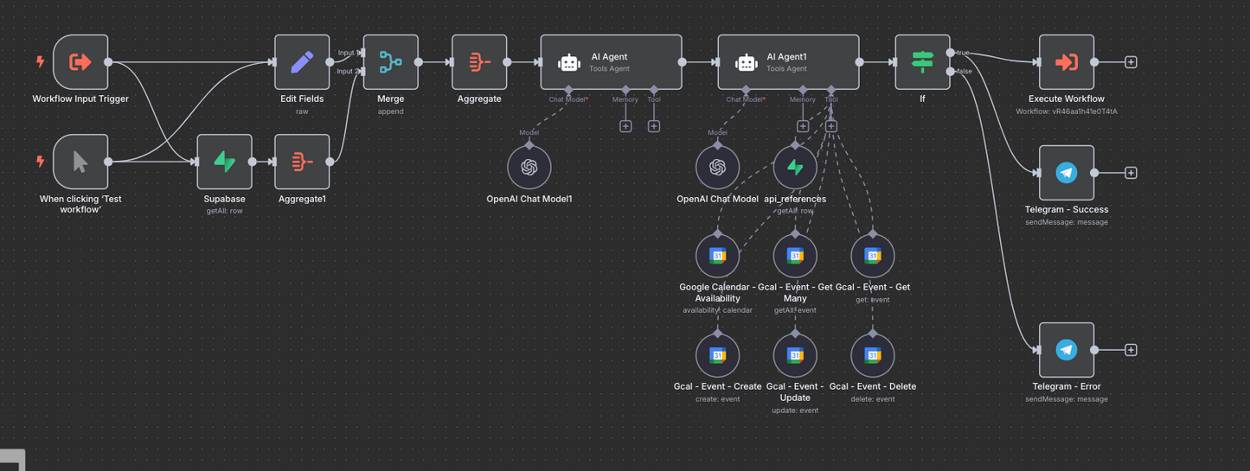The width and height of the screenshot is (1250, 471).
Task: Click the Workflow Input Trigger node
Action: point(80,62)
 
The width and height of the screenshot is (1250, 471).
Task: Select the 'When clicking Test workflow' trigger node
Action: point(80,162)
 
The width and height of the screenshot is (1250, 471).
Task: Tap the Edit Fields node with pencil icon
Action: point(302,62)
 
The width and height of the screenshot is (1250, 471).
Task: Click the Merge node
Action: point(391,62)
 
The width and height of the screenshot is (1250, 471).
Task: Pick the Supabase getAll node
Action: point(224,162)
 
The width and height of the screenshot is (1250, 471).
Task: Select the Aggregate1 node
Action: point(302,162)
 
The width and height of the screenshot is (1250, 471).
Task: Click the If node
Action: point(922,62)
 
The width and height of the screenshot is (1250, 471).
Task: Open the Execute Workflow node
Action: point(1067,62)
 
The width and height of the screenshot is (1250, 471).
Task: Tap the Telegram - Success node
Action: point(1067,173)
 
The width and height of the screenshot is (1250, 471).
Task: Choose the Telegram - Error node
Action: point(1067,350)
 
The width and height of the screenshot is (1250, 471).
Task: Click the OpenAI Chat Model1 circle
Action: point(529,167)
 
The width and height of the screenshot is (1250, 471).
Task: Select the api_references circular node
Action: point(795,167)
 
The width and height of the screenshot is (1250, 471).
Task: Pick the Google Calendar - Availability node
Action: point(717,256)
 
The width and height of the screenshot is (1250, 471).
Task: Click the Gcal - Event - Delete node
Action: point(873,355)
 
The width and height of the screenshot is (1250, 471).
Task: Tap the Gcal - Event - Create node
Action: point(717,355)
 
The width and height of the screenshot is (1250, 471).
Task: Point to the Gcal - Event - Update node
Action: point(795,355)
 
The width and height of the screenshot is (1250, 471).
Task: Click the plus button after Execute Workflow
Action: point(1131,62)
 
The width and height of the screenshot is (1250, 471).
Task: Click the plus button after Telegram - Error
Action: point(1131,350)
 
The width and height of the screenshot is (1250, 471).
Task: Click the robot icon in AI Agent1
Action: point(746,63)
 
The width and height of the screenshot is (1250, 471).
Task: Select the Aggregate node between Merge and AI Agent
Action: point(479,62)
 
